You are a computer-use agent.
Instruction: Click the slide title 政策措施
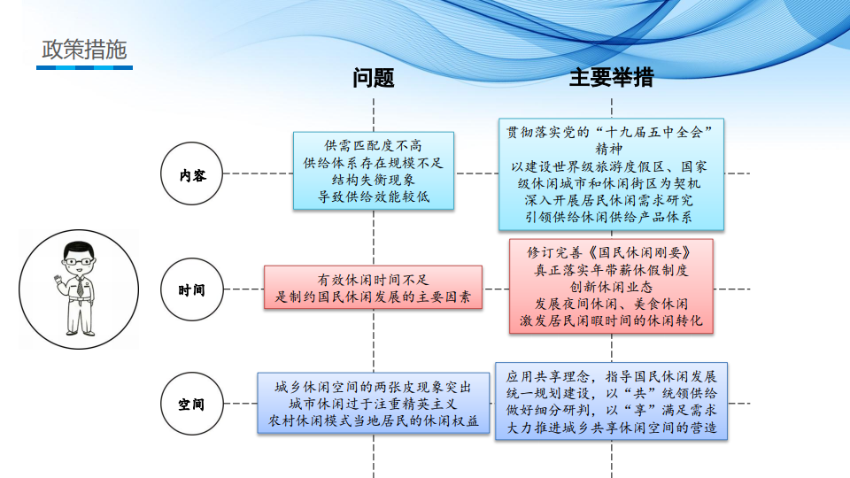(84, 50)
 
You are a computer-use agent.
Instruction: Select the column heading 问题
(373, 78)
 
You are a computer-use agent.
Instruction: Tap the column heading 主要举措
(612, 78)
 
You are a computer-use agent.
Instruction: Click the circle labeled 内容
(192, 173)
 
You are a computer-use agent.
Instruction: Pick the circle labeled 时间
(192, 289)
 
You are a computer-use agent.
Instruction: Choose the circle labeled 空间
(192, 404)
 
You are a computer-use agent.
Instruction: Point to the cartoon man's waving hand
(58, 281)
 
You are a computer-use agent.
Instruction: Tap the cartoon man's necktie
(81, 286)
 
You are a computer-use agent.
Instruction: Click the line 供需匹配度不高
(373, 145)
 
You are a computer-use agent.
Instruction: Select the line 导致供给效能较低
(373, 197)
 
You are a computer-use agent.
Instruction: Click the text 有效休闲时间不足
(373, 280)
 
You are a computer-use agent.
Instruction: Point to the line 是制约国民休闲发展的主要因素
(373, 297)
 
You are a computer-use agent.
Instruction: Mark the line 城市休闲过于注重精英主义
(373, 405)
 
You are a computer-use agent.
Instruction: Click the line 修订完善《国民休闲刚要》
(611, 252)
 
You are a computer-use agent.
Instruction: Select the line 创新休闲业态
(611, 287)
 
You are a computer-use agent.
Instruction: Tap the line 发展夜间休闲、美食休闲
(611, 304)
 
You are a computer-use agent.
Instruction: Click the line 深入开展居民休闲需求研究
(611, 201)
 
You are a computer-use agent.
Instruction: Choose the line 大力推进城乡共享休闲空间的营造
(611, 428)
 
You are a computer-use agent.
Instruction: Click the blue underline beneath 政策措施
(85, 68)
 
